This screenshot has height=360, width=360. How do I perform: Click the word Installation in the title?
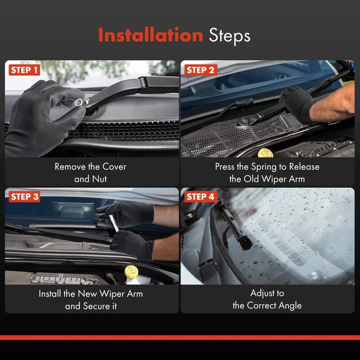151,35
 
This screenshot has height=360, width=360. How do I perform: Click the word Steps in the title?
230,36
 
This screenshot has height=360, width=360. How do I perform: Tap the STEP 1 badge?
25,70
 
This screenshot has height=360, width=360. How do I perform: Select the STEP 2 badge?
200,70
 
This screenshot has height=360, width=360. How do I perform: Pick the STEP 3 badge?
25,197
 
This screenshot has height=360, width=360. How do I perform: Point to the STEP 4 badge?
200,197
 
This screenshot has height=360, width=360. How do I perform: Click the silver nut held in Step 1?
79,102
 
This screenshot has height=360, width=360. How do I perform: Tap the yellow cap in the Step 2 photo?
265,153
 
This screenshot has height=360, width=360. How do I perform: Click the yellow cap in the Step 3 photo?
131,271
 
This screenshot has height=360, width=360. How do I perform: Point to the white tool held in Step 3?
113,223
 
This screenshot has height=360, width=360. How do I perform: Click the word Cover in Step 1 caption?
115,167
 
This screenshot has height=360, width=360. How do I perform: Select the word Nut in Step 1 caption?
100,179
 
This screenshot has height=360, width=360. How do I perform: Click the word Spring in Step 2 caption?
264,167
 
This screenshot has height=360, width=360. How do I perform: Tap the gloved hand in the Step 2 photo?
296,103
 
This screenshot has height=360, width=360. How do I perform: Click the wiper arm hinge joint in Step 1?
143,84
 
